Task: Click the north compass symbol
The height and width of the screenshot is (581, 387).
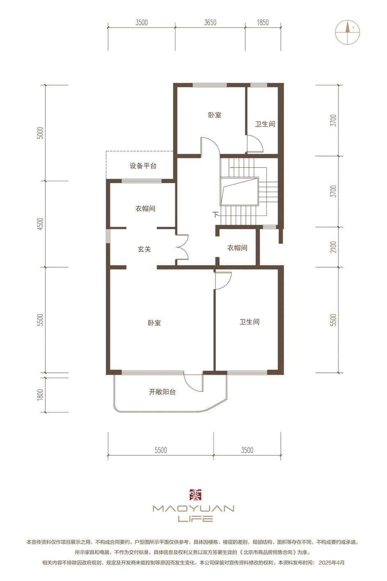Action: click(x=347, y=32)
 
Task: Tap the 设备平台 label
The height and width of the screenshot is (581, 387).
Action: click(x=143, y=166)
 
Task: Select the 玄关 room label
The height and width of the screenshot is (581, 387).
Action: click(x=144, y=249)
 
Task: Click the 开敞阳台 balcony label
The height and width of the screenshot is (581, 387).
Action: click(x=162, y=392)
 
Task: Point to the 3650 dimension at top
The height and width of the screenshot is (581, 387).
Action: click(x=210, y=23)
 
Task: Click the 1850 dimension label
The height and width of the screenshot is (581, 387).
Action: click(x=263, y=23)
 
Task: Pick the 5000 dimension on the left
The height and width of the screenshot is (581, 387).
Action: click(x=41, y=133)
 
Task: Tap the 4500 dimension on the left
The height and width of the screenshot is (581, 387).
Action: click(x=41, y=224)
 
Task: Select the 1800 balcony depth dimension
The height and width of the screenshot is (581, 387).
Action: click(x=41, y=395)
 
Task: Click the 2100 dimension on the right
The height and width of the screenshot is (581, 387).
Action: click(x=333, y=247)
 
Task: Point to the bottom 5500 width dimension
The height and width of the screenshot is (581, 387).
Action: click(x=161, y=450)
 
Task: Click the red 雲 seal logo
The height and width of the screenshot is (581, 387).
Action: click(x=195, y=495)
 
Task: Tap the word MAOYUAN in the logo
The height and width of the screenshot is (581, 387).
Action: click(x=194, y=508)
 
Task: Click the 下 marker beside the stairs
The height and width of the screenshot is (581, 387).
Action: click(x=215, y=215)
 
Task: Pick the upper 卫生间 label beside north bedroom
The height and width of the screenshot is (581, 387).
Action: click(x=265, y=124)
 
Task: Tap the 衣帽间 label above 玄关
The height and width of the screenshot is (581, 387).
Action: click(x=145, y=209)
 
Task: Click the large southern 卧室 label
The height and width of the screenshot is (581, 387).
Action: click(x=154, y=323)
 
